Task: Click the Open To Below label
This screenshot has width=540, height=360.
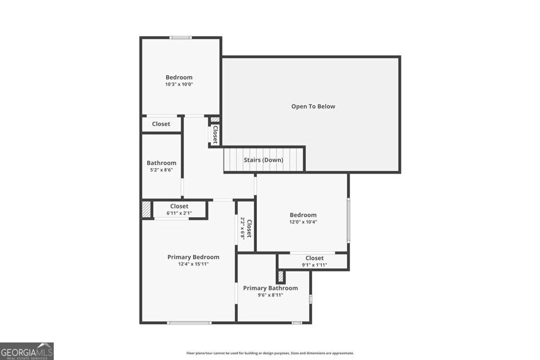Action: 313,106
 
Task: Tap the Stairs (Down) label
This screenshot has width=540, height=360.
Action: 263,160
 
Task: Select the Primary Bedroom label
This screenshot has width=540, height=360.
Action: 193,257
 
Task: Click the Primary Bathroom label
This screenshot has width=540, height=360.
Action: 270,288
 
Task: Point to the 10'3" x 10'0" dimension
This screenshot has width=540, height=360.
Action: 179,84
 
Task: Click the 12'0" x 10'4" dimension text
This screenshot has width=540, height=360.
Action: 303,222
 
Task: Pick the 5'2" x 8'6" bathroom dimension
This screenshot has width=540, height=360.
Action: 161,170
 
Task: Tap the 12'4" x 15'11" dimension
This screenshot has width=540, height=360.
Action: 193,264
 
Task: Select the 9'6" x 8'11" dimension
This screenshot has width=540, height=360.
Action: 270,295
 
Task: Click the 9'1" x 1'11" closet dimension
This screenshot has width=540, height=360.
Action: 314,265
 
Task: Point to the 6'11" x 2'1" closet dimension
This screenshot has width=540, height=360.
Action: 179,213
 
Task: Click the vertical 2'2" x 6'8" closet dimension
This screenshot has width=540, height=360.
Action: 243,228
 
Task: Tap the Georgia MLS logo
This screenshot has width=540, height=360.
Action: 27,351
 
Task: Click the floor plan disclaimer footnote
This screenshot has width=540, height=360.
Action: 270,353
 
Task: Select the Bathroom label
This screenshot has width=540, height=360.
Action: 161,163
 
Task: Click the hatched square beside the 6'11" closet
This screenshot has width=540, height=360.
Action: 146,208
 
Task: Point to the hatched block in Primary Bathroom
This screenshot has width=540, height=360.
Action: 281,277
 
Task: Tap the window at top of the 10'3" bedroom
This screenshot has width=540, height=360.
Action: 180,37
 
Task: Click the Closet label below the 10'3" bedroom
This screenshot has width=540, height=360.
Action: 161,124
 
